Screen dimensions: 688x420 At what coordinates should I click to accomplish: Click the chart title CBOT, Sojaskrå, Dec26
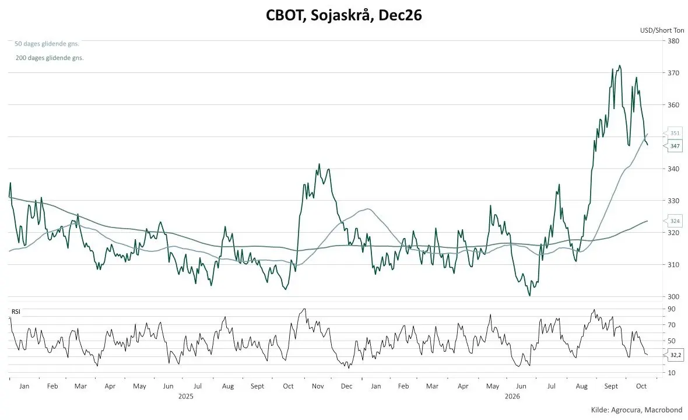[343, 15]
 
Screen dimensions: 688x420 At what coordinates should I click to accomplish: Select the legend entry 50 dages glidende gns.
[47, 44]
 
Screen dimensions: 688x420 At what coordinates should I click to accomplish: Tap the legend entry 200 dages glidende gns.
[50, 58]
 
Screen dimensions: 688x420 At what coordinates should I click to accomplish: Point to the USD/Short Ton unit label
[662, 30]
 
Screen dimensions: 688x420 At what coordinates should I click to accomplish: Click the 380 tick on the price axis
[673, 41]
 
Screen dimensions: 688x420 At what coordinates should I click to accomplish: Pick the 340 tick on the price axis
[673, 169]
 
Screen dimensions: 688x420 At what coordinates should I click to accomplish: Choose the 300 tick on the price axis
[673, 297]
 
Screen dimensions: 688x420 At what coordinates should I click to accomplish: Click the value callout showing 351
[675, 133]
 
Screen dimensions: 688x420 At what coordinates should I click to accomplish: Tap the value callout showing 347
[675, 146]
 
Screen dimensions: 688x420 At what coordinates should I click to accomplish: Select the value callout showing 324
[675, 221]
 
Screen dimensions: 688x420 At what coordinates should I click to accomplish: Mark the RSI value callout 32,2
[675, 355]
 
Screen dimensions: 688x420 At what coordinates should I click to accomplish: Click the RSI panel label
[16, 311]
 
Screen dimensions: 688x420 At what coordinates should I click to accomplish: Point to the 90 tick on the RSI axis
[671, 309]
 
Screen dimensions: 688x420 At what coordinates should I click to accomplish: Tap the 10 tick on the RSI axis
[671, 373]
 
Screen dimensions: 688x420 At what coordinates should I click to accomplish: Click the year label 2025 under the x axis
[185, 396]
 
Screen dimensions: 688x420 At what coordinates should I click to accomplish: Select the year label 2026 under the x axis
[512, 396]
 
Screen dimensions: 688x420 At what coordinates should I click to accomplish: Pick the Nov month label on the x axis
[318, 386]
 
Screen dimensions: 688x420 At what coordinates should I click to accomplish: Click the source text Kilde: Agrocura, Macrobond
[637, 410]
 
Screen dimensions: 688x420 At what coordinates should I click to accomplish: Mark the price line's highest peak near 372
[620, 66]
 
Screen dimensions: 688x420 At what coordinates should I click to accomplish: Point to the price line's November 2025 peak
[320, 164]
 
